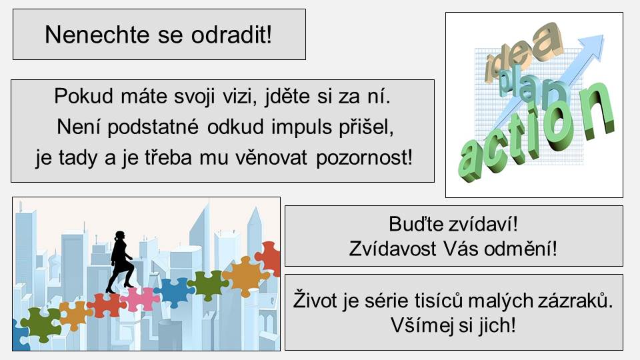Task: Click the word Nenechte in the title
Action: coord(97,34)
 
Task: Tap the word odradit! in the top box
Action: coord(231,34)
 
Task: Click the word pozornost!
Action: coord(365,157)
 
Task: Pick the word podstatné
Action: coord(153,127)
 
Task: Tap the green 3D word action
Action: coord(537,131)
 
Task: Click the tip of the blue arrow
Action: coord(603,36)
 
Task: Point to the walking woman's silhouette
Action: coord(119,261)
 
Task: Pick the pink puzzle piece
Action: coord(141,299)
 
